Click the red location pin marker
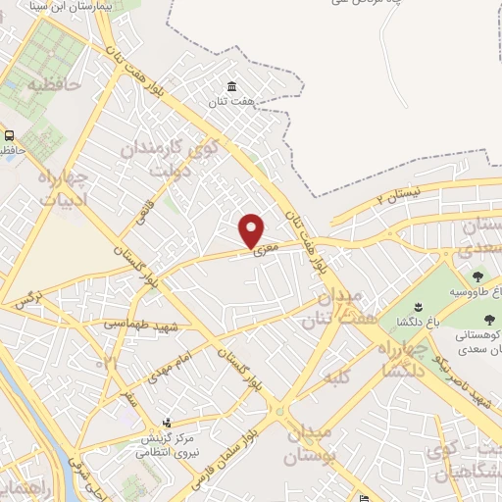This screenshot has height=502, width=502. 252,229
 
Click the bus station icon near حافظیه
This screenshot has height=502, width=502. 9,135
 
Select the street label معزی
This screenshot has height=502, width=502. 267,249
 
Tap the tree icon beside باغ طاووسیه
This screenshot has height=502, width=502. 477,277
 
